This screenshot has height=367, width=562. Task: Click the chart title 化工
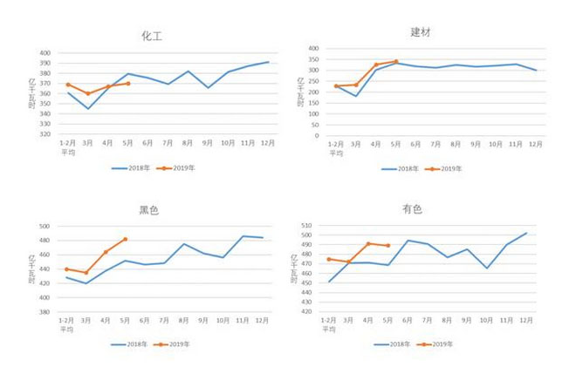[152, 37]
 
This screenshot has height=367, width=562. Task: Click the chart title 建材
[421, 32]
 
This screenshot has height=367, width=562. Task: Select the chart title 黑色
[149, 211]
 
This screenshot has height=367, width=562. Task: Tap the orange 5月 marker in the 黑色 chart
[126, 239]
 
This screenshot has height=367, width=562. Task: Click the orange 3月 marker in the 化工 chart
[87, 93]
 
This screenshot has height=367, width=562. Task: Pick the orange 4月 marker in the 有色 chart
[368, 243]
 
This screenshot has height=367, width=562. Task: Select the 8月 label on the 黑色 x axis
[185, 321]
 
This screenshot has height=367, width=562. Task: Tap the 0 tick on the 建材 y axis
[316, 135]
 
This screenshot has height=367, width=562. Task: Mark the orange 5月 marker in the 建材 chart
[395, 62]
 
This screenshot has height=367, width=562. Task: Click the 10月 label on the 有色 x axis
[487, 321]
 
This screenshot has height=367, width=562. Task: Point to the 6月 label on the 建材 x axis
[415, 144]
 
